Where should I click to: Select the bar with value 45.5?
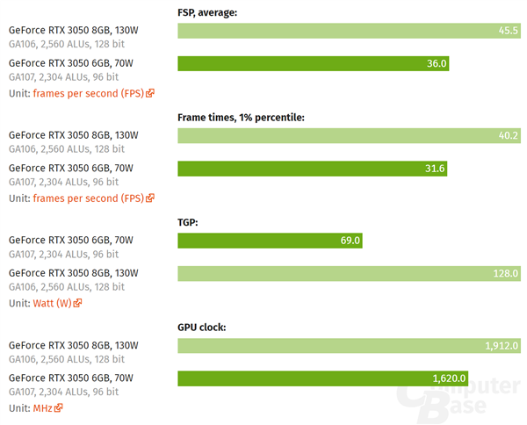click(x=349, y=31)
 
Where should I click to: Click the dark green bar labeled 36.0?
click(x=314, y=63)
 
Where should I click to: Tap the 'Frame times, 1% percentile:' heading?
click(x=241, y=118)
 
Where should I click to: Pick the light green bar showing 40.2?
click(x=349, y=136)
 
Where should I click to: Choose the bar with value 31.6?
click(x=312, y=169)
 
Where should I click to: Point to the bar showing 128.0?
click(x=349, y=273)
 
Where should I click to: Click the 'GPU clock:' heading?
click(x=202, y=328)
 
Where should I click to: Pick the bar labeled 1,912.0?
click(x=349, y=346)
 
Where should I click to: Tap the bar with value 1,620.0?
click(x=322, y=378)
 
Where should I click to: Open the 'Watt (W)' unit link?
click(x=53, y=303)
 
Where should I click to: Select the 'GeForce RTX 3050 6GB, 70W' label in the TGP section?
click(x=70, y=240)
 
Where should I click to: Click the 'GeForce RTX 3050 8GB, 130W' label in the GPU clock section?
click(x=73, y=344)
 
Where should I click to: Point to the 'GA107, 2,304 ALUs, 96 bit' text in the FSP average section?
click(x=63, y=77)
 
